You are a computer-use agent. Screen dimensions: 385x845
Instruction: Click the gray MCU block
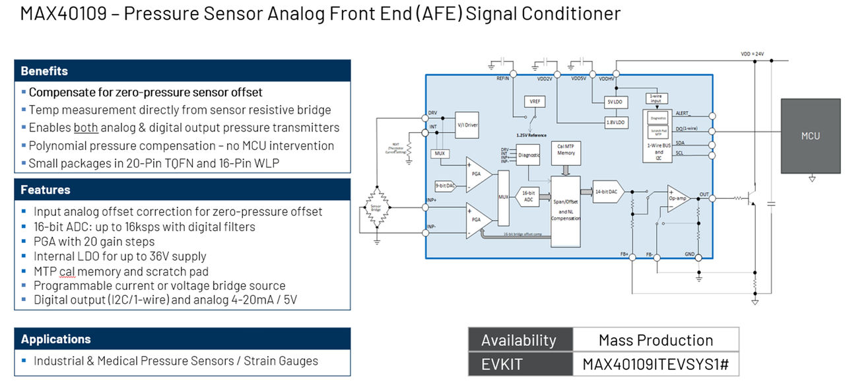[810, 136]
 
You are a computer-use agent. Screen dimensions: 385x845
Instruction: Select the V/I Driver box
[467, 124]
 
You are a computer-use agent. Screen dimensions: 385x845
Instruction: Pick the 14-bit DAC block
[607, 191]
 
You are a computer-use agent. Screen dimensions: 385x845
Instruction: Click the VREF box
[533, 102]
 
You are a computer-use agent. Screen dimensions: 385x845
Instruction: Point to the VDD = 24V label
[752, 53]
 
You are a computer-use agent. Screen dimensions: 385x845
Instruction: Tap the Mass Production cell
[655, 340]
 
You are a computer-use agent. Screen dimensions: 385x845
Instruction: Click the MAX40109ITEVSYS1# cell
[655, 364]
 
